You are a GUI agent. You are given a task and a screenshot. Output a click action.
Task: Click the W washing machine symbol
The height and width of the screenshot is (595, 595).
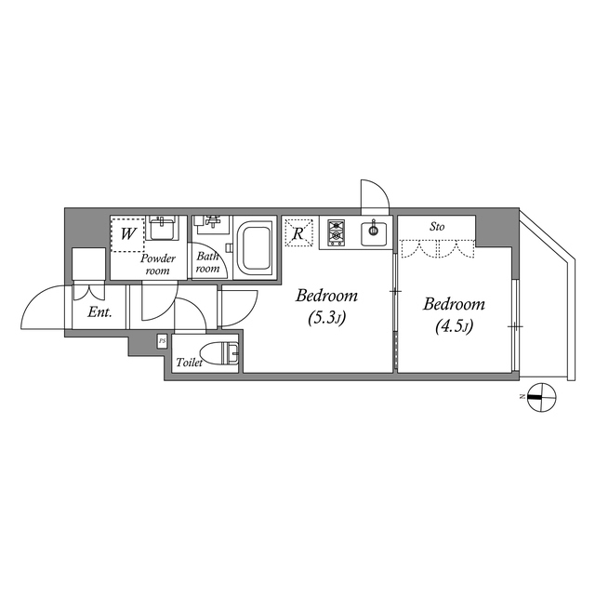pos(127,234)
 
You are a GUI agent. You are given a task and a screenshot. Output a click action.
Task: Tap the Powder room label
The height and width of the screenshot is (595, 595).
pos(159,263)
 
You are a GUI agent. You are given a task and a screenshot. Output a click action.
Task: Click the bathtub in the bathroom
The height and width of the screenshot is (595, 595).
pos(255,247)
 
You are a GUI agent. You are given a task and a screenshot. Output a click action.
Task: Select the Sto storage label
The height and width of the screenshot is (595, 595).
pos(436,226)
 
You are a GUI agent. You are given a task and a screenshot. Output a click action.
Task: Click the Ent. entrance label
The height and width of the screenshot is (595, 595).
pos(99,312)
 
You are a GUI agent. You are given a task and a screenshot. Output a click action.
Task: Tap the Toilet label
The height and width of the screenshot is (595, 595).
pos(189,362)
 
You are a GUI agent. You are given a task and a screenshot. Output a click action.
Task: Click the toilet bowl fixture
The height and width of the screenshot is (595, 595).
pos(224,353)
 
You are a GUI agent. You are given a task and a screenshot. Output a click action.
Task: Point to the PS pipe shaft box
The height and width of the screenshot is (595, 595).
pos(162,341)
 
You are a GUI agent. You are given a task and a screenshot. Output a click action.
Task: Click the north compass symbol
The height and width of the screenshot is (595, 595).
pos(540,397)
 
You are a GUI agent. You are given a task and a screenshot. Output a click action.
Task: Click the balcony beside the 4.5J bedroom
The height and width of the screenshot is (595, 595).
pos(544,297)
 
